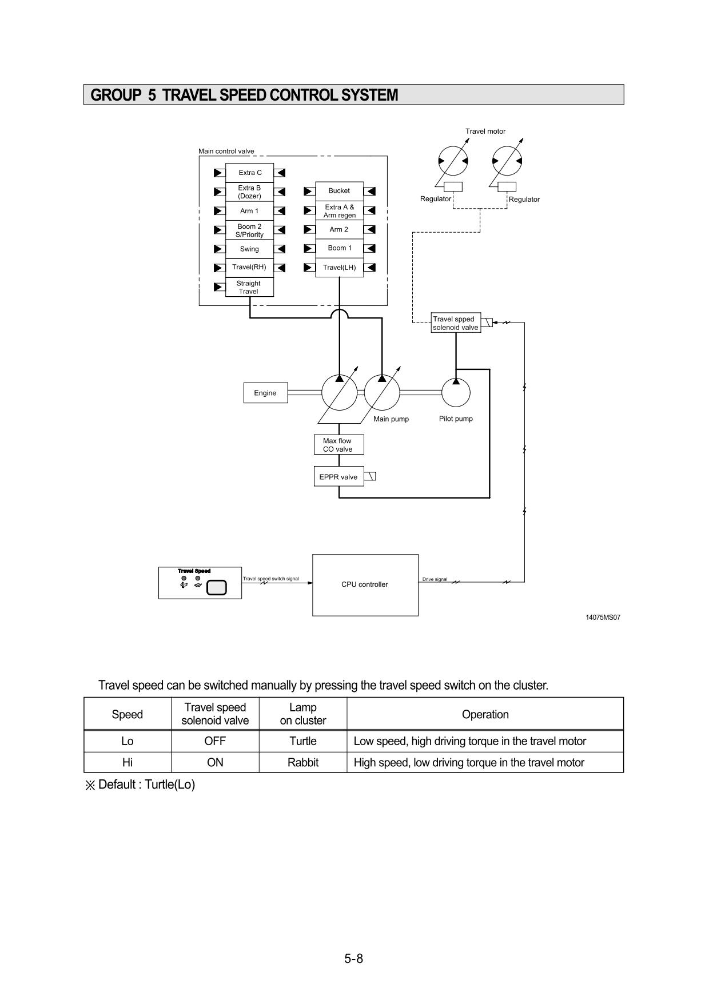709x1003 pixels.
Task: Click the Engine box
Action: (x=265, y=393)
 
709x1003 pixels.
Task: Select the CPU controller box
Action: (x=365, y=584)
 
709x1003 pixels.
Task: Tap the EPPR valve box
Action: (x=338, y=477)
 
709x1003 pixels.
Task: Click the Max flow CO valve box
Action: (x=338, y=445)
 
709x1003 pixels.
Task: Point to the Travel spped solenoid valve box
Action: (x=455, y=323)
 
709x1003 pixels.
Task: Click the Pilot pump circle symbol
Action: (x=456, y=392)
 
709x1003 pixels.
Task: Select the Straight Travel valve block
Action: (x=249, y=287)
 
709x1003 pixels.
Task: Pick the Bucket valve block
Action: (x=339, y=190)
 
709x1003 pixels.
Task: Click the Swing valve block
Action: (x=249, y=249)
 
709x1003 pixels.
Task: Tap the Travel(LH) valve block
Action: (x=339, y=267)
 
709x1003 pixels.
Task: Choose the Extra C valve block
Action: (x=250, y=172)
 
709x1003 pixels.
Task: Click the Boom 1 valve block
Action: (x=340, y=248)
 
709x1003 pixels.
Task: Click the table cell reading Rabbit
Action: (x=303, y=762)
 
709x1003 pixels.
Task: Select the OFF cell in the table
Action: (x=215, y=741)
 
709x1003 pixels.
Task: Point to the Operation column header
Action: (x=485, y=714)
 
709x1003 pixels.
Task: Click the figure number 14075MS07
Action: (x=603, y=618)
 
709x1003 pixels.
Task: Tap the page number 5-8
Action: (x=354, y=958)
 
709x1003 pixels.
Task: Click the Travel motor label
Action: (x=485, y=132)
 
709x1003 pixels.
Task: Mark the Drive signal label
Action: (x=435, y=579)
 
